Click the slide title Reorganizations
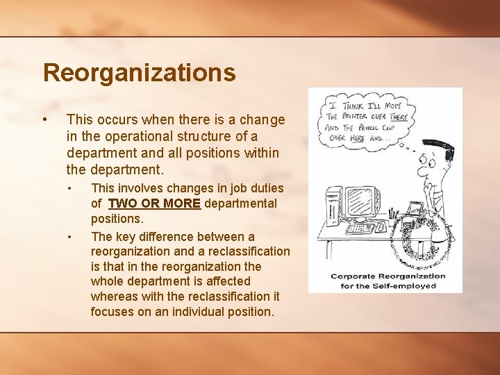coord(139,72)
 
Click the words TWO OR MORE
coord(154,203)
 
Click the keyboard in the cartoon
coord(361,228)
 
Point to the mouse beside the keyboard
coord(381,226)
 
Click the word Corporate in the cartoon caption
coord(351,276)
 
